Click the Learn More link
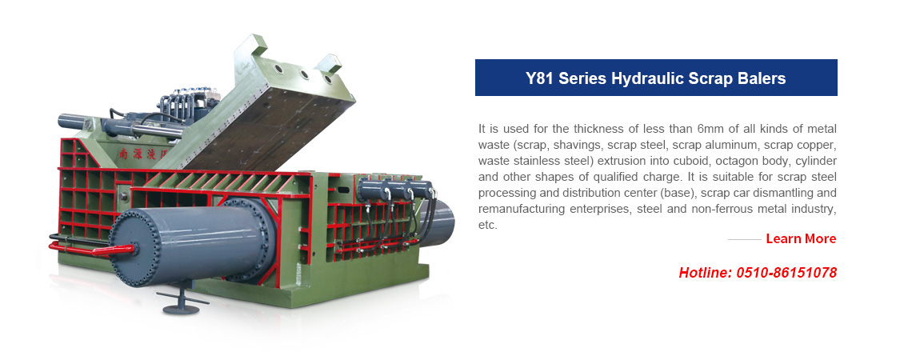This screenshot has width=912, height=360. tap(801, 238)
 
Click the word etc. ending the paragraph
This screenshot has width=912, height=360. tap(488, 225)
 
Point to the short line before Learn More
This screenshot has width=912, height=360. tap(745, 239)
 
